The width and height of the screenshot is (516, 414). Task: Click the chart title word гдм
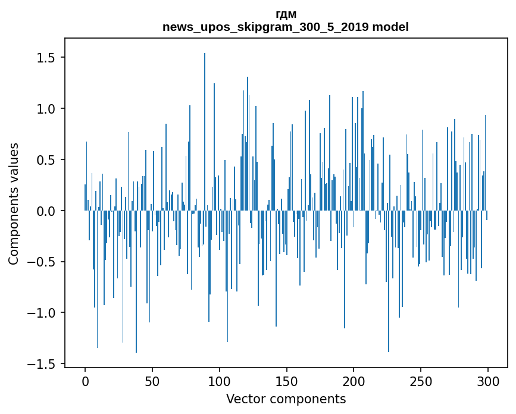(x=286, y=14)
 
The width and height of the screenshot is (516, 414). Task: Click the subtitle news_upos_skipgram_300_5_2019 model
(x=286, y=27)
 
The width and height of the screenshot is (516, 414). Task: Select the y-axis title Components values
(x=14, y=203)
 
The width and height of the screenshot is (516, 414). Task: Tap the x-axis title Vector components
(x=286, y=399)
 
